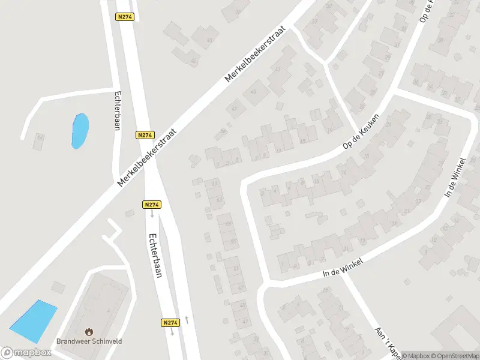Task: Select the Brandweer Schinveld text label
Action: coord(89,341)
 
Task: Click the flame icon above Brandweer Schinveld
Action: coord(89,331)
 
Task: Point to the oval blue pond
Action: coord(80,131)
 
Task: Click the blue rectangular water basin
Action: coord(34,318)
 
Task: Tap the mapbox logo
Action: coord(26,353)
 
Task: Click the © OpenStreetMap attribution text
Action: coord(454,356)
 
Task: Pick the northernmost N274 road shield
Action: coord(125,17)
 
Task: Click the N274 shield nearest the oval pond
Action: coord(145,135)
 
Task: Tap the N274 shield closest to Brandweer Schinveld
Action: coord(170,323)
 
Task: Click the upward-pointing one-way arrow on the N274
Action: coord(187,319)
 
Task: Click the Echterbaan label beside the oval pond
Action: coord(118,110)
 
